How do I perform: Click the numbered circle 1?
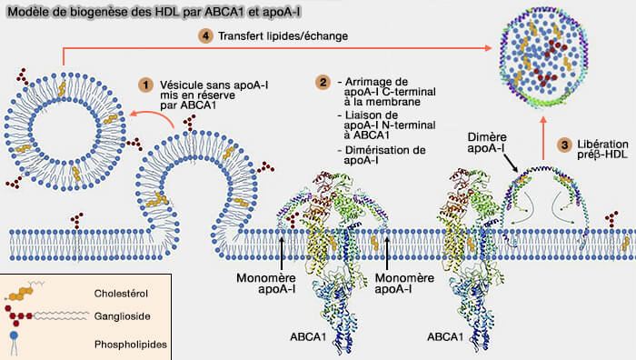pyautogui.click(x=144, y=83)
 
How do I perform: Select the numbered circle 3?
pyautogui.click(x=564, y=145)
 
